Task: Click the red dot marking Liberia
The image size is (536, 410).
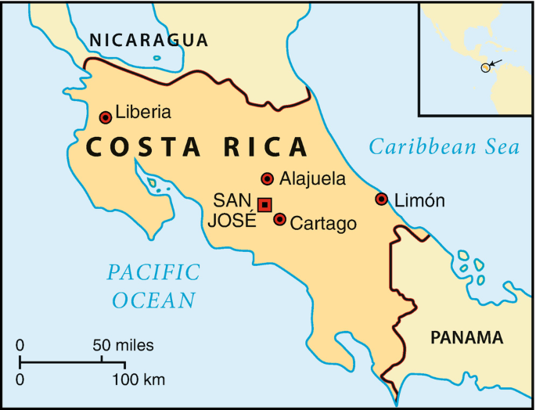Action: (x=106, y=117)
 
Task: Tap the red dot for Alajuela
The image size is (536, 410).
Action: (x=268, y=178)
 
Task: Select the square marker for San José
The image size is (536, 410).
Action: (x=264, y=205)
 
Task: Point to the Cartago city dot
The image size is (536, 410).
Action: (x=279, y=219)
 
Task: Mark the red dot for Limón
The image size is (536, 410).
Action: (x=381, y=199)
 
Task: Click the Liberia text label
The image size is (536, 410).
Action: (x=143, y=112)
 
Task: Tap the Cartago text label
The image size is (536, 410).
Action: (x=323, y=224)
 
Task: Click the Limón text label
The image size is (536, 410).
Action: (x=419, y=200)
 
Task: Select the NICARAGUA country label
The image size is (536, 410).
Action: (x=149, y=41)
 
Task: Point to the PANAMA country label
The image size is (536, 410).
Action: (x=466, y=338)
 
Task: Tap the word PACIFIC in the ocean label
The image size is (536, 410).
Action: (x=153, y=272)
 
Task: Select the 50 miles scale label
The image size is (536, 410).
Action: (x=123, y=345)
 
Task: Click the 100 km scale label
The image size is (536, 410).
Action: (x=140, y=380)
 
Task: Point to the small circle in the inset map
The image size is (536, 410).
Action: (x=485, y=68)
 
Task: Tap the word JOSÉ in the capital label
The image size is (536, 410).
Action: (x=232, y=220)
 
